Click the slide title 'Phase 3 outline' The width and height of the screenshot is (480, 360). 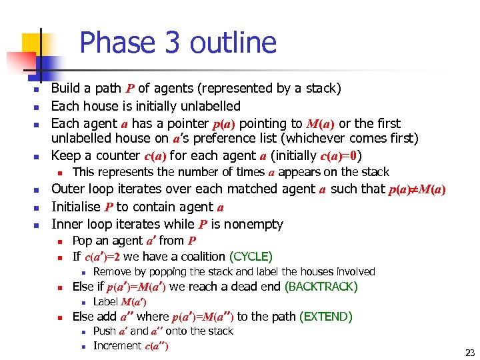pos(177,43)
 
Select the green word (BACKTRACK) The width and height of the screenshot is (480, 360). pos(321,287)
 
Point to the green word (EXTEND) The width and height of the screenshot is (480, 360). pos(327,317)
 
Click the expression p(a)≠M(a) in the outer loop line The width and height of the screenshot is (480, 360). pos(417,189)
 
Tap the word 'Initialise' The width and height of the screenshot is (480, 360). pos(75,207)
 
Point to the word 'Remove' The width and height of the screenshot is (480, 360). pos(111,272)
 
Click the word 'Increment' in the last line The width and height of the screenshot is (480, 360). pos(117,345)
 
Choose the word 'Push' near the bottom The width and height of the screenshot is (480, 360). pos(105,331)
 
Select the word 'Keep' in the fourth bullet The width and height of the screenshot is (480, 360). pos(65,156)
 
